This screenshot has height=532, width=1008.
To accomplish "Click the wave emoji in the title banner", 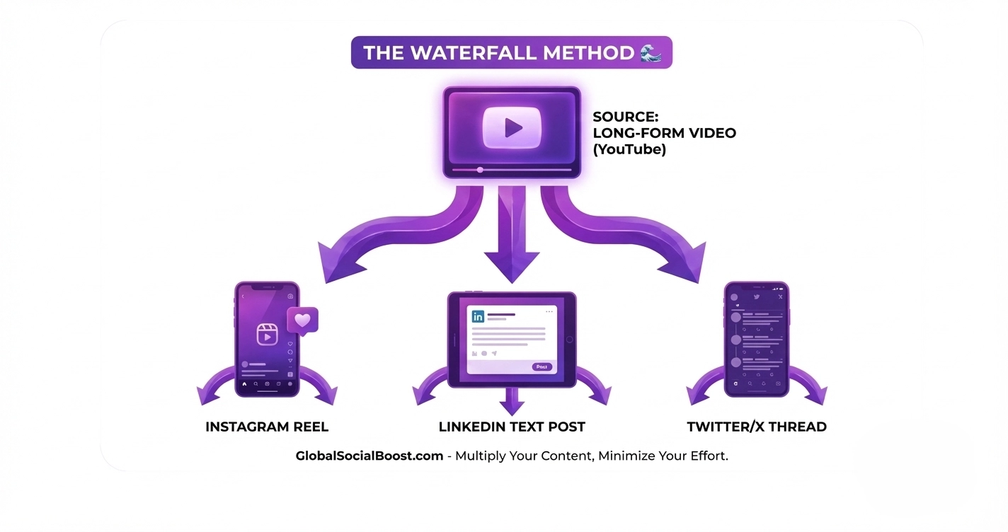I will [x=650, y=52].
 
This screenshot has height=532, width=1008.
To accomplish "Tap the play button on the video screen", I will [x=512, y=127].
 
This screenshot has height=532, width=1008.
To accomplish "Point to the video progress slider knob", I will [x=480, y=170].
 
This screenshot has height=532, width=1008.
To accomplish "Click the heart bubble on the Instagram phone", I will [x=302, y=320].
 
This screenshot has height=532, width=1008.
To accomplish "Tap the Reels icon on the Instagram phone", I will [x=266, y=334].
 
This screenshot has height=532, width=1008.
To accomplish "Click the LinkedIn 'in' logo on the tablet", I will [x=478, y=316].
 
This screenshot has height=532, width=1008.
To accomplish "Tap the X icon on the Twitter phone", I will [x=780, y=297].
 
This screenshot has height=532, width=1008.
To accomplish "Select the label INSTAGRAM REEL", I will [x=267, y=427].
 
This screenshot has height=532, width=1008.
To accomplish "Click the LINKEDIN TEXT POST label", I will [x=512, y=427].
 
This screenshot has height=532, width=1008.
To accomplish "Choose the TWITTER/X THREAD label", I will [x=757, y=427].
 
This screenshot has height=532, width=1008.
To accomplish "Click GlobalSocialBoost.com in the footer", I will [x=370, y=456].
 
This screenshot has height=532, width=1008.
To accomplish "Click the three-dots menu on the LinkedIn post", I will [x=549, y=312].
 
